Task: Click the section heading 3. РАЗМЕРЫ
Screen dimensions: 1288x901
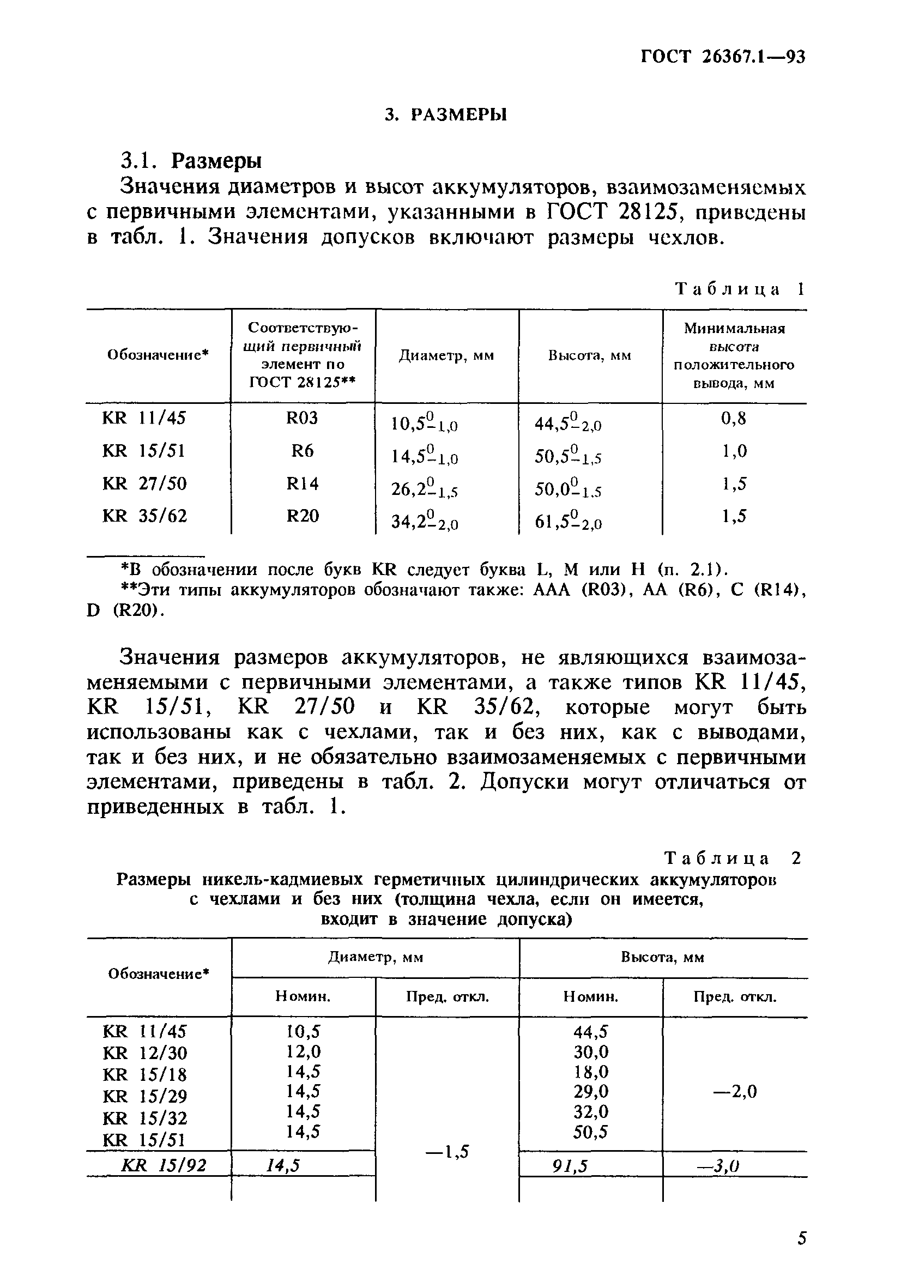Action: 446,114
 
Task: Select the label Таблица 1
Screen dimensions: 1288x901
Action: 740,289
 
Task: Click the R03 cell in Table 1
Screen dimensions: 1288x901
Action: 302,418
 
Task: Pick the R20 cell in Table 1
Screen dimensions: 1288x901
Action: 303,516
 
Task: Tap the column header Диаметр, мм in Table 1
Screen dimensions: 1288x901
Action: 446,356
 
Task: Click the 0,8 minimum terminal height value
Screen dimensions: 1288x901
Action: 734,418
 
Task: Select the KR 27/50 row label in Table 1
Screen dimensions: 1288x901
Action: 145,483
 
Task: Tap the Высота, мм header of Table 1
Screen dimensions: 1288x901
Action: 590,356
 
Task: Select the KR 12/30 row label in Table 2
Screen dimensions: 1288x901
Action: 145,1053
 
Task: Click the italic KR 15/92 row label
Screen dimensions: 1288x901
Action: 164,1166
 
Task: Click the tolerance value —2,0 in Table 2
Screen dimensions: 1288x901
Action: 734,1091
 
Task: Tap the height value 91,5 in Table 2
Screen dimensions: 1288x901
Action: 570,1166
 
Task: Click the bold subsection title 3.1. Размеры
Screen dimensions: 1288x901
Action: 191,161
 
